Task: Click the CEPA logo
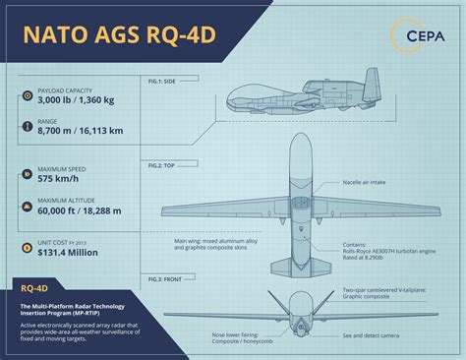pos(420,36)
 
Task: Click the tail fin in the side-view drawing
pos(370,85)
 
